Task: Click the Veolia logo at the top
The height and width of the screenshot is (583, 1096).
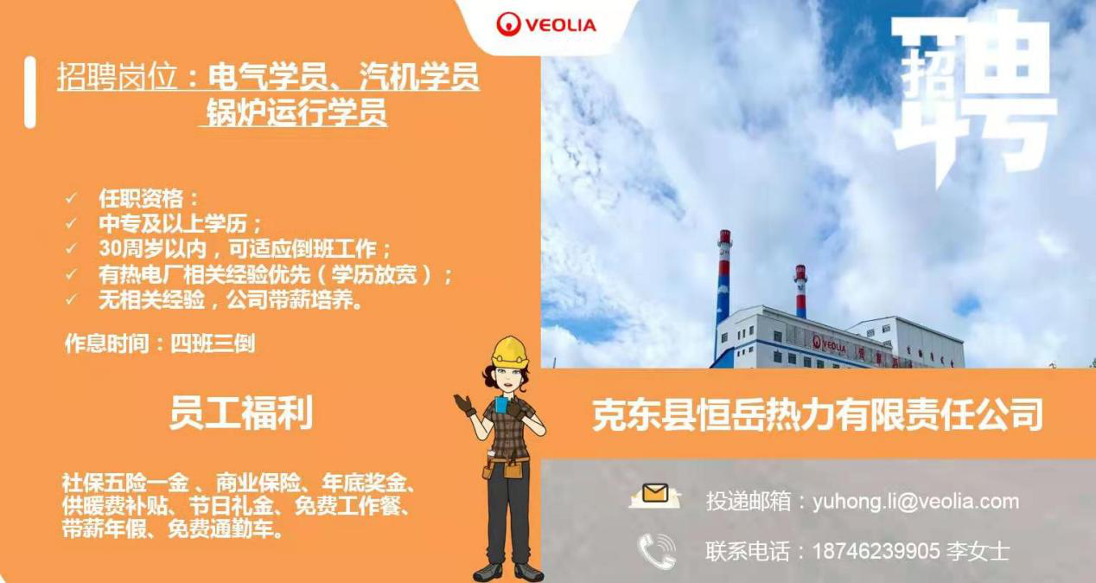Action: click(546, 24)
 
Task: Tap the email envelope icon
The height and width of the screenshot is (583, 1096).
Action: click(654, 496)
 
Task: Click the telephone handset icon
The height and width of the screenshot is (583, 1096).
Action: click(657, 551)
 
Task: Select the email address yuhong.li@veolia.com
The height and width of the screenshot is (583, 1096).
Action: click(915, 501)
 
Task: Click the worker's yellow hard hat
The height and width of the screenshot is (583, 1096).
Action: click(510, 351)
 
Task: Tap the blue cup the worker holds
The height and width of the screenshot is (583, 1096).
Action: click(501, 404)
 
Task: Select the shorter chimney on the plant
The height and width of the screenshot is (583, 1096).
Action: click(800, 291)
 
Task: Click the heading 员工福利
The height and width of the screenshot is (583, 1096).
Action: click(241, 413)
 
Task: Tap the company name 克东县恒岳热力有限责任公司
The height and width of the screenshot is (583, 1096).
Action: click(817, 415)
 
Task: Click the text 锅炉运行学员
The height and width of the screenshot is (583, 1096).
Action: click(296, 112)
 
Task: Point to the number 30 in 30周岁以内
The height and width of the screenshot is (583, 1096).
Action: click(110, 248)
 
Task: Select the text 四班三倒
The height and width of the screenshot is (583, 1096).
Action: click(213, 343)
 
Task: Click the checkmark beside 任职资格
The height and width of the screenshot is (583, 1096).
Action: click(72, 198)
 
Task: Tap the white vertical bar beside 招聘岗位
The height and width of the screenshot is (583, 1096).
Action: click(30, 93)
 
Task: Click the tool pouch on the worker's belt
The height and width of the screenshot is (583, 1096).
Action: click(513, 470)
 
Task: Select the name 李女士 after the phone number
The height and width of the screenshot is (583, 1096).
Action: click(978, 551)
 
